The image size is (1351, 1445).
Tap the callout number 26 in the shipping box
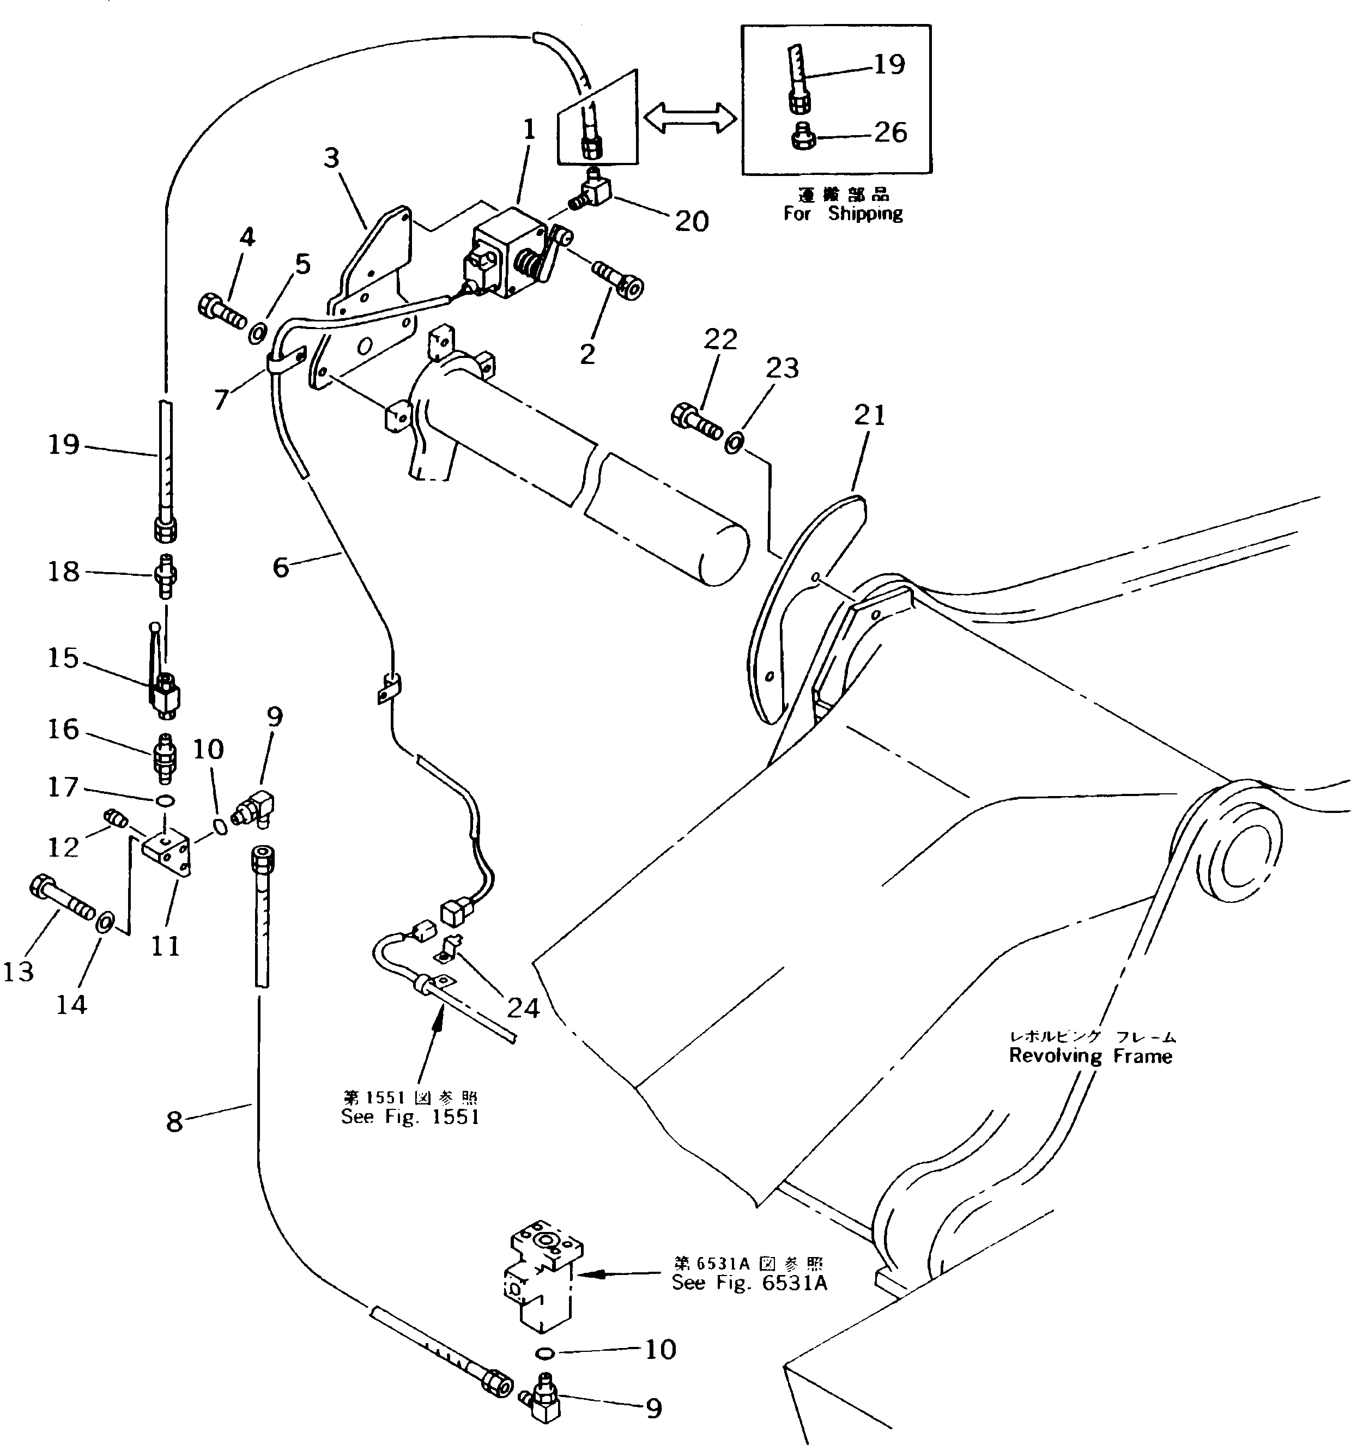(x=890, y=133)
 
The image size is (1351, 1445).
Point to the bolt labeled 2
(x=619, y=281)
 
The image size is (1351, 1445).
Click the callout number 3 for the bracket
(x=331, y=157)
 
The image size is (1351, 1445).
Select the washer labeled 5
(x=257, y=333)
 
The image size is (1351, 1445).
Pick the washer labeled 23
(x=733, y=441)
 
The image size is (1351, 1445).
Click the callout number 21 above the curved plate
(x=870, y=415)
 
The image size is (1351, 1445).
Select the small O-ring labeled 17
(x=166, y=800)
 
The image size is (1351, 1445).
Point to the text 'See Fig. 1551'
(x=410, y=1117)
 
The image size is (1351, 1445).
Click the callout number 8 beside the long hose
(x=174, y=1121)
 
